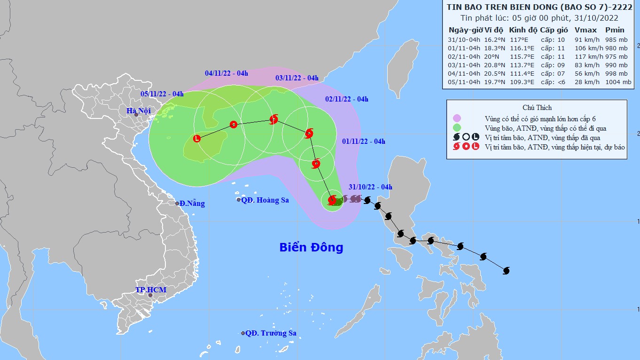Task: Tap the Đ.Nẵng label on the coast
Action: coord(193,203)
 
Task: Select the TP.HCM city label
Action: coord(151,290)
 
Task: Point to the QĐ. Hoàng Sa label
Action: coord(265,200)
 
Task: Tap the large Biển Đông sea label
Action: coord(311,247)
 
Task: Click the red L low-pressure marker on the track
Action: coord(197,139)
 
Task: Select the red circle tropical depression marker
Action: coord(234,125)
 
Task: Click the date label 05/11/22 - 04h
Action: coord(162,94)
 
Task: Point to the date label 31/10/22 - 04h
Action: coord(370,187)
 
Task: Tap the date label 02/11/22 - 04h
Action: coord(346,99)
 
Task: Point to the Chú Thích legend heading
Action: coord(537,108)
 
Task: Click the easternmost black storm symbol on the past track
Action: coord(506,271)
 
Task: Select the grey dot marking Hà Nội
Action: coord(136,115)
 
